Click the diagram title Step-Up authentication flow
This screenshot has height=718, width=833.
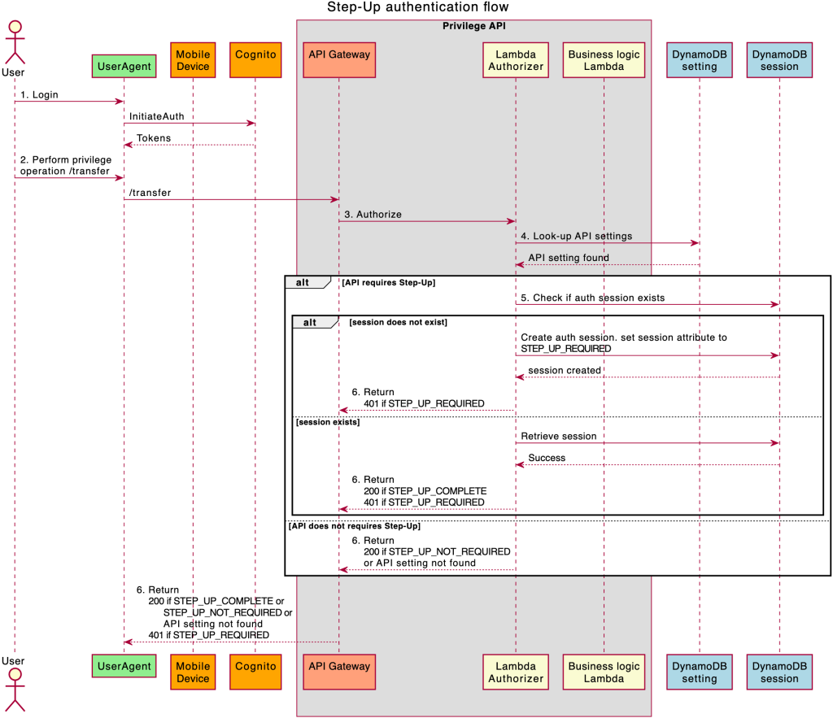pos(417,7)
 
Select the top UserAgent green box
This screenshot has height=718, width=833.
pos(124,66)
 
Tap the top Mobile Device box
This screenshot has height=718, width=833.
pos(193,60)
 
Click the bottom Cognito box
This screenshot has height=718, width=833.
pos(255,666)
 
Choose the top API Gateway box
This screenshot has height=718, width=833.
pos(339,55)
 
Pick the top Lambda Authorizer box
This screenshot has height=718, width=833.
pos(515,60)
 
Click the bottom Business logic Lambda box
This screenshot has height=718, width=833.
pos(604,672)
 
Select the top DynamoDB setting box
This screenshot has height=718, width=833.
pos(699,60)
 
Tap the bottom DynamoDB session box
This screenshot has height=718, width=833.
pos(778,672)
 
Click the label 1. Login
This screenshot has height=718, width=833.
pos(39,95)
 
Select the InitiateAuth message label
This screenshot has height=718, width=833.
pos(156,117)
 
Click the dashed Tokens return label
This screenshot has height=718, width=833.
pos(153,138)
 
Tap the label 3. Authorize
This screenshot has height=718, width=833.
pos(373,215)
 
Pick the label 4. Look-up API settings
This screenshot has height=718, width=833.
pos(576,236)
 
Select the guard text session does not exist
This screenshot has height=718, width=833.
pos(398,323)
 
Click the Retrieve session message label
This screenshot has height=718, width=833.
pos(558,437)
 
